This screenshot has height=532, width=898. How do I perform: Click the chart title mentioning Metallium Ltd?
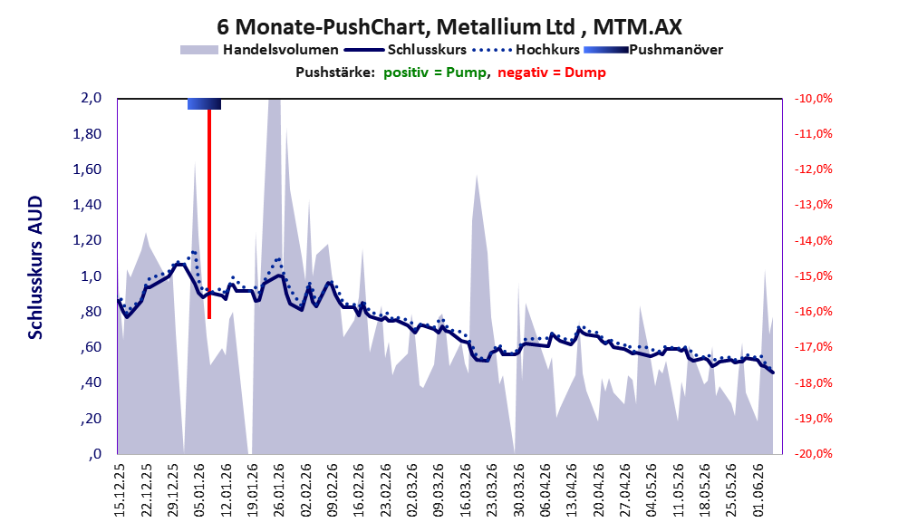[x=449, y=26]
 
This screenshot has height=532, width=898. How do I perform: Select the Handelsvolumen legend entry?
[x=259, y=50]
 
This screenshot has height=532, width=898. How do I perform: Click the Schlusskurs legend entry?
[x=405, y=50]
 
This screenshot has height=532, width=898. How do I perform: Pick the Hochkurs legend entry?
[x=526, y=50]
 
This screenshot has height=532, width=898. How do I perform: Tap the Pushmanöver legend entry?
[x=653, y=50]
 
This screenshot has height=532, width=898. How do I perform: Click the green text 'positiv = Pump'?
[x=435, y=73]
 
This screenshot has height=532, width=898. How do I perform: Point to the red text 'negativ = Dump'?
[x=552, y=73]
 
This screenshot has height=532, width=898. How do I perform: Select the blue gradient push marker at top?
[x=205, y=103]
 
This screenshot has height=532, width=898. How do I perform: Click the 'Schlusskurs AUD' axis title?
[x=35, y=267]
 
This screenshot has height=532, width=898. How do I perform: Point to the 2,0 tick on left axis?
[x=91, y=98]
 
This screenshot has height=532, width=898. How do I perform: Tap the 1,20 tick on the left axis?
[x=87, y=240]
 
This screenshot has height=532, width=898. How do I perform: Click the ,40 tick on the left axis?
[x=91, y=382]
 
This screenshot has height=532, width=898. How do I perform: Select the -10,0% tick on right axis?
[x=813, y=99]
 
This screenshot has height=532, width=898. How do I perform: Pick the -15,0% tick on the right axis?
[x=813, y=276]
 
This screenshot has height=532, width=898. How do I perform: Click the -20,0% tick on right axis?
[x=813, y=454]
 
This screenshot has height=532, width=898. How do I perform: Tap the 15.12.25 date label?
[x=120, y=490]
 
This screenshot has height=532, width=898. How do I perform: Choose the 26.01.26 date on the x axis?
[x=278, y=490]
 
